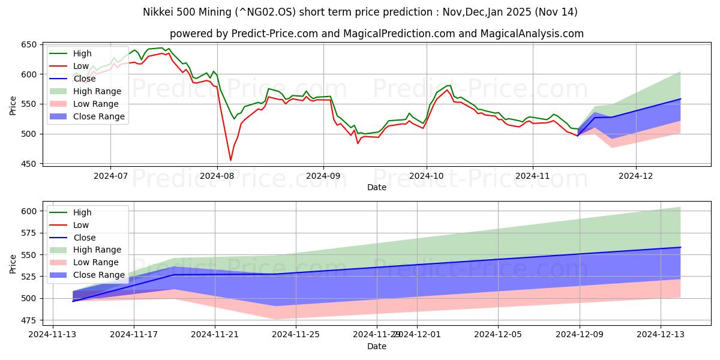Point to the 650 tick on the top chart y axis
(28, 45)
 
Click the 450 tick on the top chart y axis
(28, 164)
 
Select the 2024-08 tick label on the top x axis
(217, 176)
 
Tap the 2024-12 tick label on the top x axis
(636, 176)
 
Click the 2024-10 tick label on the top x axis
(427, 176)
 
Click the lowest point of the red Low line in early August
(230, 160)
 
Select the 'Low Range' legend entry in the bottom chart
(95, 262)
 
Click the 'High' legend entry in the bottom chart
(82, 212)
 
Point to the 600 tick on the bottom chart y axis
(28, 211)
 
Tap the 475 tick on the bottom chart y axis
(28, 320)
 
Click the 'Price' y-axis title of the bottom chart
(13, 264)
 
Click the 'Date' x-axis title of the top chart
(377, 188)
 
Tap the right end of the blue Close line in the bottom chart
(680, 247)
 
